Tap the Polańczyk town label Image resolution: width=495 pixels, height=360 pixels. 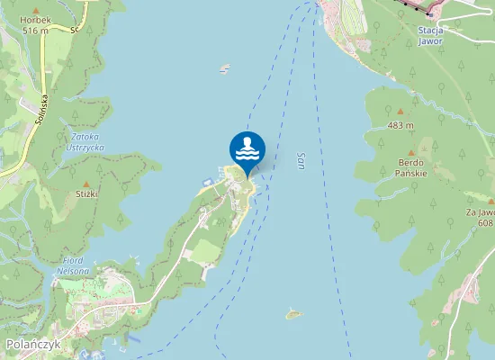(31, 345)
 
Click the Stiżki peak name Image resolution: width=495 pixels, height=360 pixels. (86, 193)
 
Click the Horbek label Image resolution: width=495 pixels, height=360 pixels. (35, 20)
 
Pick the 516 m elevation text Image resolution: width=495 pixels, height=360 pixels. (35, 30)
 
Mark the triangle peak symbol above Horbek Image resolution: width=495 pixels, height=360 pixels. (36, 9)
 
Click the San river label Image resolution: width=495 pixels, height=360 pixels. (301, 158)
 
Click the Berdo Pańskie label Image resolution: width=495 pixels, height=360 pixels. (412, 168)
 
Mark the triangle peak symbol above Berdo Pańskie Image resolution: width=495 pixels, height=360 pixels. (412, 152)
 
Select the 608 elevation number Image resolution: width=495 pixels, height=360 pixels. (486, 222)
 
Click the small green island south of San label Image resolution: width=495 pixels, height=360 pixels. (292, 314)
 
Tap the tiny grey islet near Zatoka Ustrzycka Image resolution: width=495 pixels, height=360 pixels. (224, 68)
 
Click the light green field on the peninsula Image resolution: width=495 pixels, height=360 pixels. (205, 248)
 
